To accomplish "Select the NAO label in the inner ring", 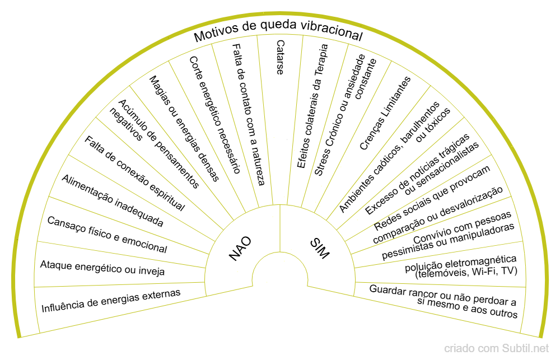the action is tap(240, 248).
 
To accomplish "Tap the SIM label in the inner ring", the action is tap(320, 248).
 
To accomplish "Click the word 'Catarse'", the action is tap(281, 57).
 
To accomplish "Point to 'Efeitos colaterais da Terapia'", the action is tap(312, 106).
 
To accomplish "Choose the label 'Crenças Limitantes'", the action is tap(385, 113).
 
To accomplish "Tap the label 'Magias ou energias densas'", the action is tap(184, 128).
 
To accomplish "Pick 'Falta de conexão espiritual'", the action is tap(134, 173).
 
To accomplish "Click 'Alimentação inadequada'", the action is tap(113, 200).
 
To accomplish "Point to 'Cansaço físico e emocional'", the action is tap(107, 235).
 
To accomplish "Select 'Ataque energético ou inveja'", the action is tap(102, 268).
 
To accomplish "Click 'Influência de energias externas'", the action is tap(111, 301).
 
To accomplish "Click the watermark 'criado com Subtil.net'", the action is tap(496, 348).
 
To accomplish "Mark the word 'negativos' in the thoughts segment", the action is tap(125, 125).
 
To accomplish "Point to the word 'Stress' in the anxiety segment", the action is tap(322, 160).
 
